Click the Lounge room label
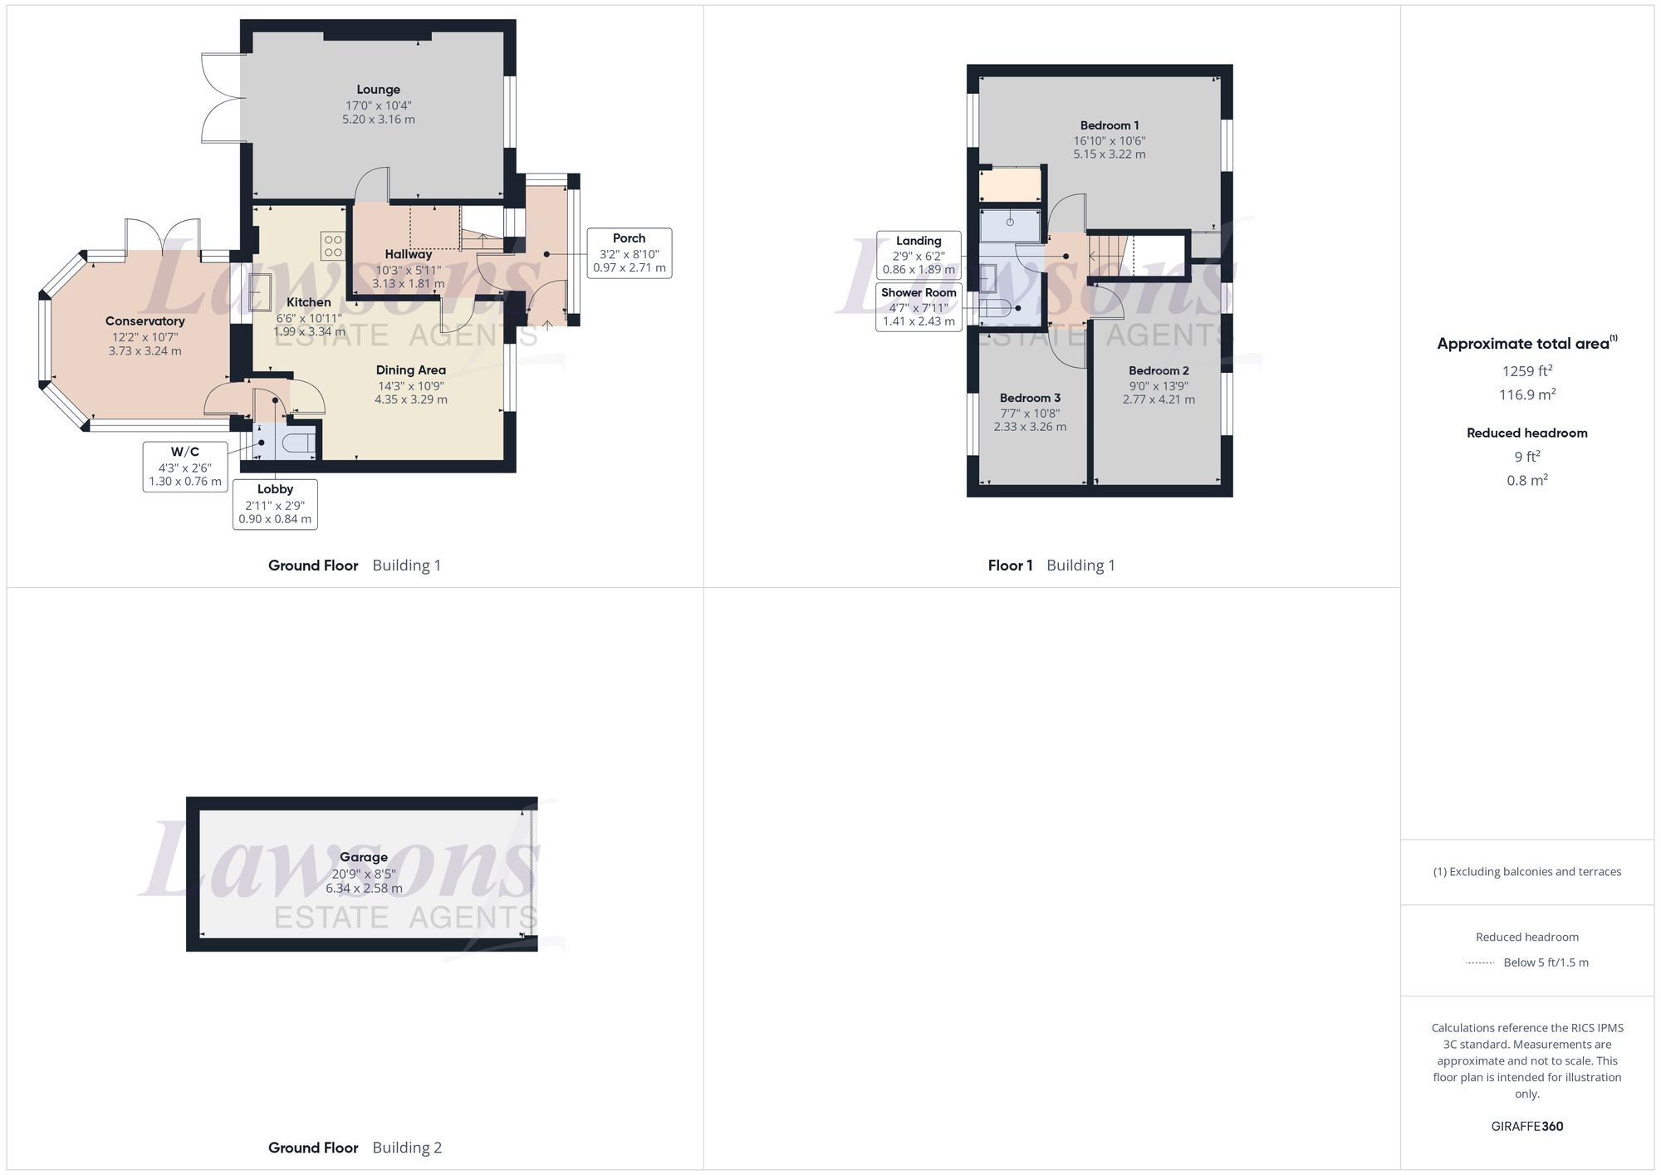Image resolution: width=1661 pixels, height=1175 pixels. click(x=379, y=90)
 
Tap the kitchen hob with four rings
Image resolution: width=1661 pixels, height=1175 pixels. click(x=333, y=245)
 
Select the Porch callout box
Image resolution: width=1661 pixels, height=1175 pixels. click(x=629, y=252)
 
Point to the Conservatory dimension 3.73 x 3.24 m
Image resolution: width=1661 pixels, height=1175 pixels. click(x=145, y=351)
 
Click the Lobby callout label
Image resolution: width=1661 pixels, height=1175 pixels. click(x=275, y=489)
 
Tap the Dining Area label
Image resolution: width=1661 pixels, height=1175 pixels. click(x=410, y=370)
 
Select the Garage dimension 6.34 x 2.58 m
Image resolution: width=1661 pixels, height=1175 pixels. click(x=364, y=889)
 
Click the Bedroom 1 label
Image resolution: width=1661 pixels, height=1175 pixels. click(x=1110, y=125)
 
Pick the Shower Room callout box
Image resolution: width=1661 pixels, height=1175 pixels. click(x=919, y=306)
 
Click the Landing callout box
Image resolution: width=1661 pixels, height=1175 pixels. click(x=919, y=255)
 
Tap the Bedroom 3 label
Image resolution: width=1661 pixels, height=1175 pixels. click(x=1030, y=398)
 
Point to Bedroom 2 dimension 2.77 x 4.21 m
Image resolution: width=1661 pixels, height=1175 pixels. click(x=1159, y=399)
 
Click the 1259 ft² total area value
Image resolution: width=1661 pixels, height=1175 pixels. click(x=1526, y=371)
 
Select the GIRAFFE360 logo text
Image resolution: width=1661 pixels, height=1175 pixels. click(x=1526, y=1126)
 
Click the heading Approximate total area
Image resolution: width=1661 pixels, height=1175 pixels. click(x=1523, y=344)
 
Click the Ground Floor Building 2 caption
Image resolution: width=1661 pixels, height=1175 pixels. click(x=355, y=1148)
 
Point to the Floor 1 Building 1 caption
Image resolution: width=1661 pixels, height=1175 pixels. click(x=1051, y=565)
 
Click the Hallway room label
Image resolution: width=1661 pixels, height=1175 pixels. click(x=408, y=254)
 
